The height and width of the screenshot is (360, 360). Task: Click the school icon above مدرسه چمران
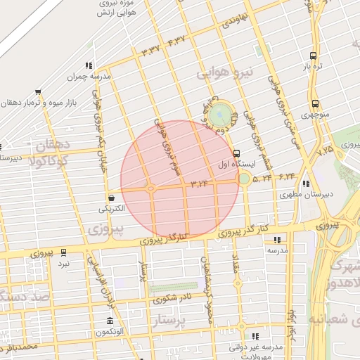89,65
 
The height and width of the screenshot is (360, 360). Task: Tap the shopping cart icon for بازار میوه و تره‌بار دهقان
37,91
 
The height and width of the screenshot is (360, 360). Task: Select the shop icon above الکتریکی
111,198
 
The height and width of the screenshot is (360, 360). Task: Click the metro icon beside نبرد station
64,252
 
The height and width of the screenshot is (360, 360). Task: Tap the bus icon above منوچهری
314,103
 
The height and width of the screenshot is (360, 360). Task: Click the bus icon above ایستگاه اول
236,152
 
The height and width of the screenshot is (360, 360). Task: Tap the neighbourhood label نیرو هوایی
222,73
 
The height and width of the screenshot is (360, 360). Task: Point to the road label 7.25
325,150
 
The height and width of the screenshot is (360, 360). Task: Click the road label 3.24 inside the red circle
200,184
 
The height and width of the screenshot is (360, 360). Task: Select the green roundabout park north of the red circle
221,112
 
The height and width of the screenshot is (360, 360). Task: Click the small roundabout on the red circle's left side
150,188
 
